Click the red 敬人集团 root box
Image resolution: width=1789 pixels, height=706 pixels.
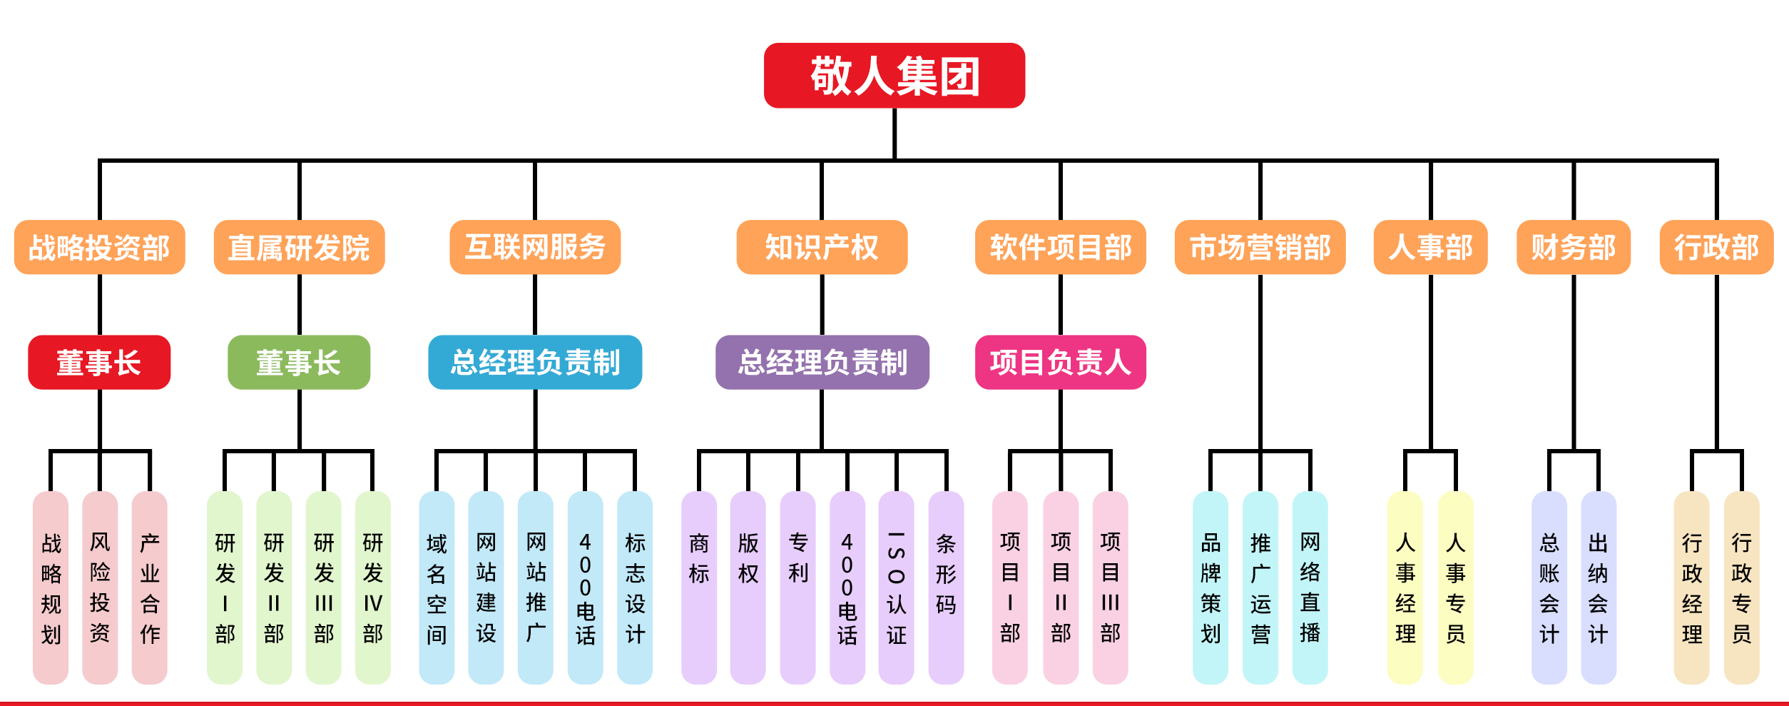click(x=894, y=76)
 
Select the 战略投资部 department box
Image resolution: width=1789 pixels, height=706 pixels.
click(x=99, y=247)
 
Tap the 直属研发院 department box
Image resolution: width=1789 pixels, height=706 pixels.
click(x=299, y=247)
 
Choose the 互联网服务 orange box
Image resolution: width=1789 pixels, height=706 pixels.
click(x=535, y=247)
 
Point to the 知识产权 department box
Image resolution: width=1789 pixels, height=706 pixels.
click(x=822, y=247)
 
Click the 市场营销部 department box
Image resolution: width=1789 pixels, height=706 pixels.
click(x=1260, y=247)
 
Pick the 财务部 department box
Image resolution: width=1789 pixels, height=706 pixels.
click(x=1573, y=247)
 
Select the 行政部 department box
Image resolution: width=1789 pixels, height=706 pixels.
click(x=1716, y=247)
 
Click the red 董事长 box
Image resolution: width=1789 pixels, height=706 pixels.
click(x=99, y=362)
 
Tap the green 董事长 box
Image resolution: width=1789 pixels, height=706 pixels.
click(x=299, y=362)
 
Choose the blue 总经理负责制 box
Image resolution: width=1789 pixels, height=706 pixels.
click(x=535, y=362)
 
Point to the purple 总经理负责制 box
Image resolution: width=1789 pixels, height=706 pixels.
click(x=822, y=362)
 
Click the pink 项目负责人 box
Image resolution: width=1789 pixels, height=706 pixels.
click(x=1060, y=362)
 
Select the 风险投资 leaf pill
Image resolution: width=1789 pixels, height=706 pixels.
click(x=100, y=587)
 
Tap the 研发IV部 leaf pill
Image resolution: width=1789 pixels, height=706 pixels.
click(x=372, y=587)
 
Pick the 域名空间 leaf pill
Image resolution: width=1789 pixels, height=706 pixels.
click(x=437, y=587)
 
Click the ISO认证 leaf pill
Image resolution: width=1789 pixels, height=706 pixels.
click(x=896, y=587)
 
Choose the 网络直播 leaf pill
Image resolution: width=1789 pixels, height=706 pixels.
click(x=1310, y=587)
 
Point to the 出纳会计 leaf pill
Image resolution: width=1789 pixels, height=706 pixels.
click(x=1598, y=587)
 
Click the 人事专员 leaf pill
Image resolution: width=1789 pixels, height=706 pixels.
click(x=1455, y=587)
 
